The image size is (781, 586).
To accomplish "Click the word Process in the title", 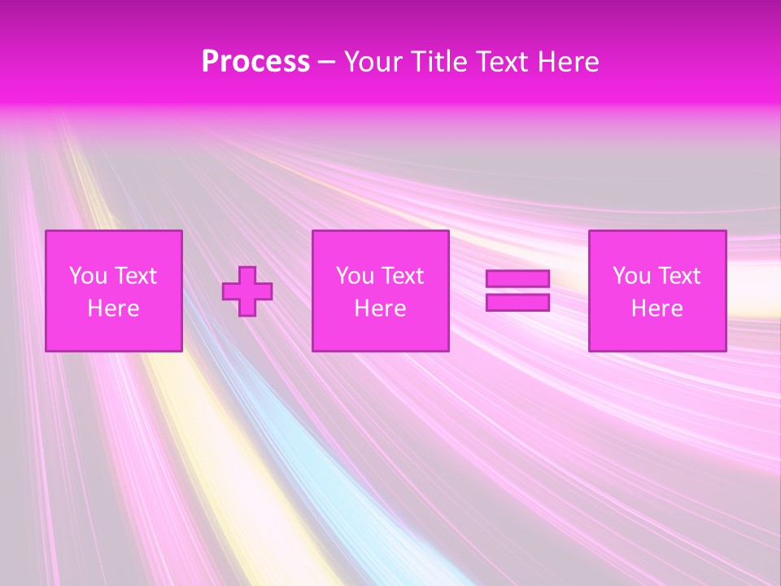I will [255, 62].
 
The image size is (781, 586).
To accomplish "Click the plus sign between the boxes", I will [247, 291].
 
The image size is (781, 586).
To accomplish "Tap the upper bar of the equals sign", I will [517, 279].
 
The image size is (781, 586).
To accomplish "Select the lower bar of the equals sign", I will [517, 302].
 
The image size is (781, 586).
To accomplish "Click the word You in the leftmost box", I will [88, 276].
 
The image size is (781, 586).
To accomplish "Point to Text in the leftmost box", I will [135, 276].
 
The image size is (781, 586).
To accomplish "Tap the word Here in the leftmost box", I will [114, 308].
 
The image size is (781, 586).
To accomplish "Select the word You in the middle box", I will [355, 276].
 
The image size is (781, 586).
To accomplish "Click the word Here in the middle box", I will [380, 308].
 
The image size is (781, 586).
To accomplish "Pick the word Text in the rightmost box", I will [678, 276].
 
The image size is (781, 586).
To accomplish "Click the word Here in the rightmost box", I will [657, 308].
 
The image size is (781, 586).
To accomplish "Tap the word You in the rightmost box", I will [631, 276].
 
